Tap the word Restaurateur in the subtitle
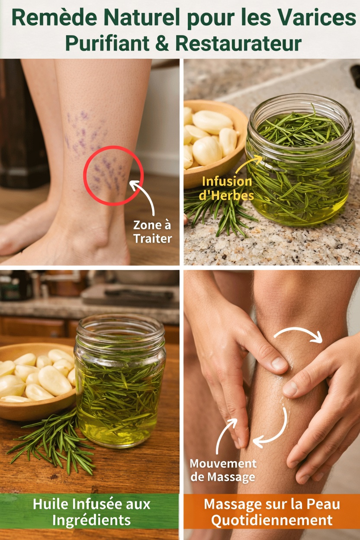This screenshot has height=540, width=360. (238, 43)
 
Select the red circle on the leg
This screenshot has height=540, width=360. (113, 176)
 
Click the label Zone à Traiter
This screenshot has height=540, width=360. (152, 231)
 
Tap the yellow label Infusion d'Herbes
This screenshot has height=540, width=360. (226, 188)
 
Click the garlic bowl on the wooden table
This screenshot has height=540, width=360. (37, 381)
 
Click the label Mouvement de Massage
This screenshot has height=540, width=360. (223, 470)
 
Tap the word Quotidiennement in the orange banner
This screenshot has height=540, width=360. (272, 519)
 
